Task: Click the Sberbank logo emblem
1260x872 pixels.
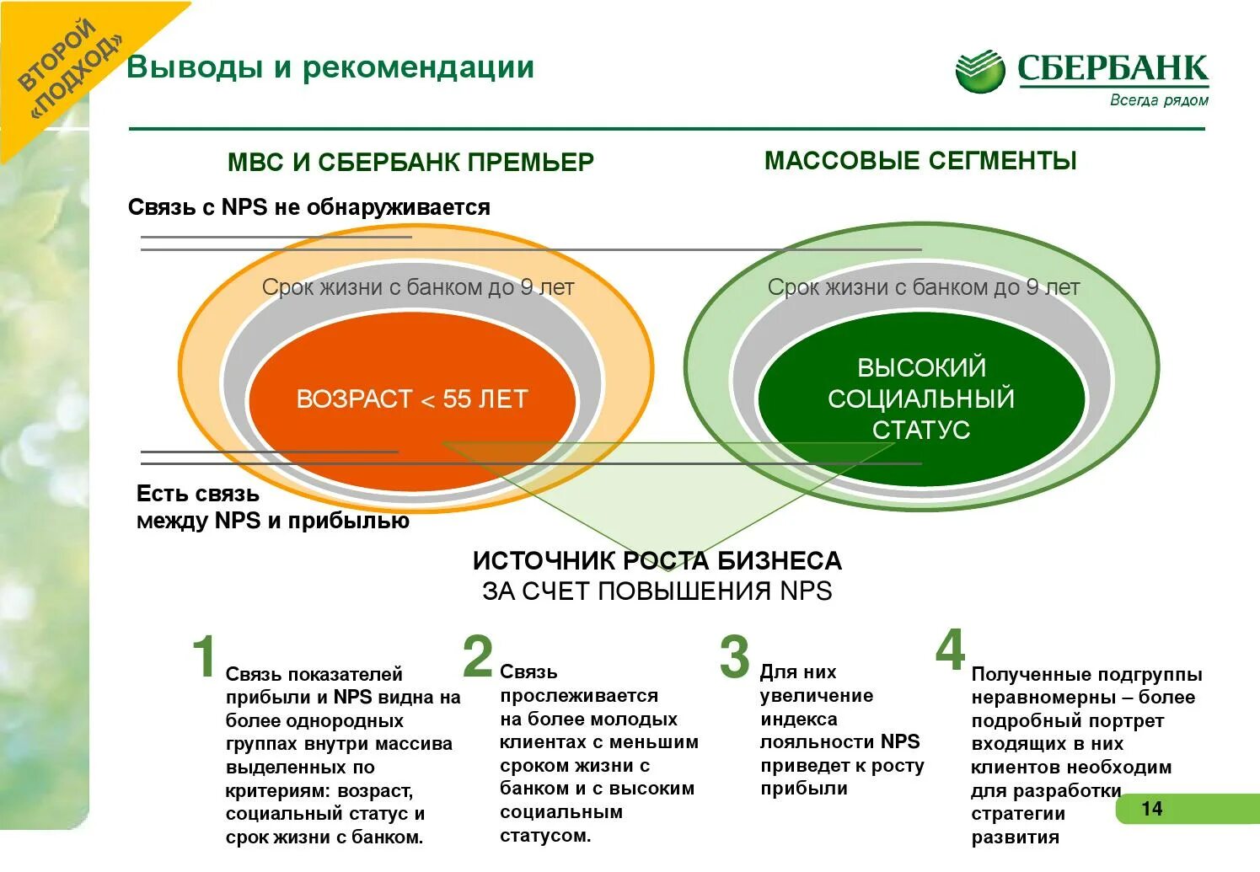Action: point(980,71)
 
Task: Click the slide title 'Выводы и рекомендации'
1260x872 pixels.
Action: point(330,67)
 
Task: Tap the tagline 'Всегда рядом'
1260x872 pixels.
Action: point(1159,100)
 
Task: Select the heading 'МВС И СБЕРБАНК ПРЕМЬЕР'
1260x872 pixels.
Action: point(410,162)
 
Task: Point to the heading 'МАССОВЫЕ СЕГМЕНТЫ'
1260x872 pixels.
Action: point(920,160)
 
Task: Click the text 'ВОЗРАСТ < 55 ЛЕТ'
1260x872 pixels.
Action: point(412,399)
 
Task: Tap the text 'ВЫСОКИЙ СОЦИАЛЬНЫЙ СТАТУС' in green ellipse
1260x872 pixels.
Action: point(921,399)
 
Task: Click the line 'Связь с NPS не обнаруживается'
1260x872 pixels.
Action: point(308,207)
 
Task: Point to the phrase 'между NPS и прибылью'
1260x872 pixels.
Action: point(273,521)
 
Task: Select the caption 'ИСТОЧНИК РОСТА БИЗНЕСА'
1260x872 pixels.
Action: point(657,560)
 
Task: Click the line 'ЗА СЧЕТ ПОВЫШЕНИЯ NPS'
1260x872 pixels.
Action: point(657,591)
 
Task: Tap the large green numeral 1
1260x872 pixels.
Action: point(204,656)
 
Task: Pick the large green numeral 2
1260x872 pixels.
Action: point(478,656)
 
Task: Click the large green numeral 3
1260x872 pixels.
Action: point(734,656)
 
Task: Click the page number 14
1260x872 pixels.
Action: point(1151,809)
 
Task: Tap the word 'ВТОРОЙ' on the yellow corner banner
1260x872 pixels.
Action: point(56,55)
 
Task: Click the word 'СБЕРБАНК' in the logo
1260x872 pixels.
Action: point(1113,68)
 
